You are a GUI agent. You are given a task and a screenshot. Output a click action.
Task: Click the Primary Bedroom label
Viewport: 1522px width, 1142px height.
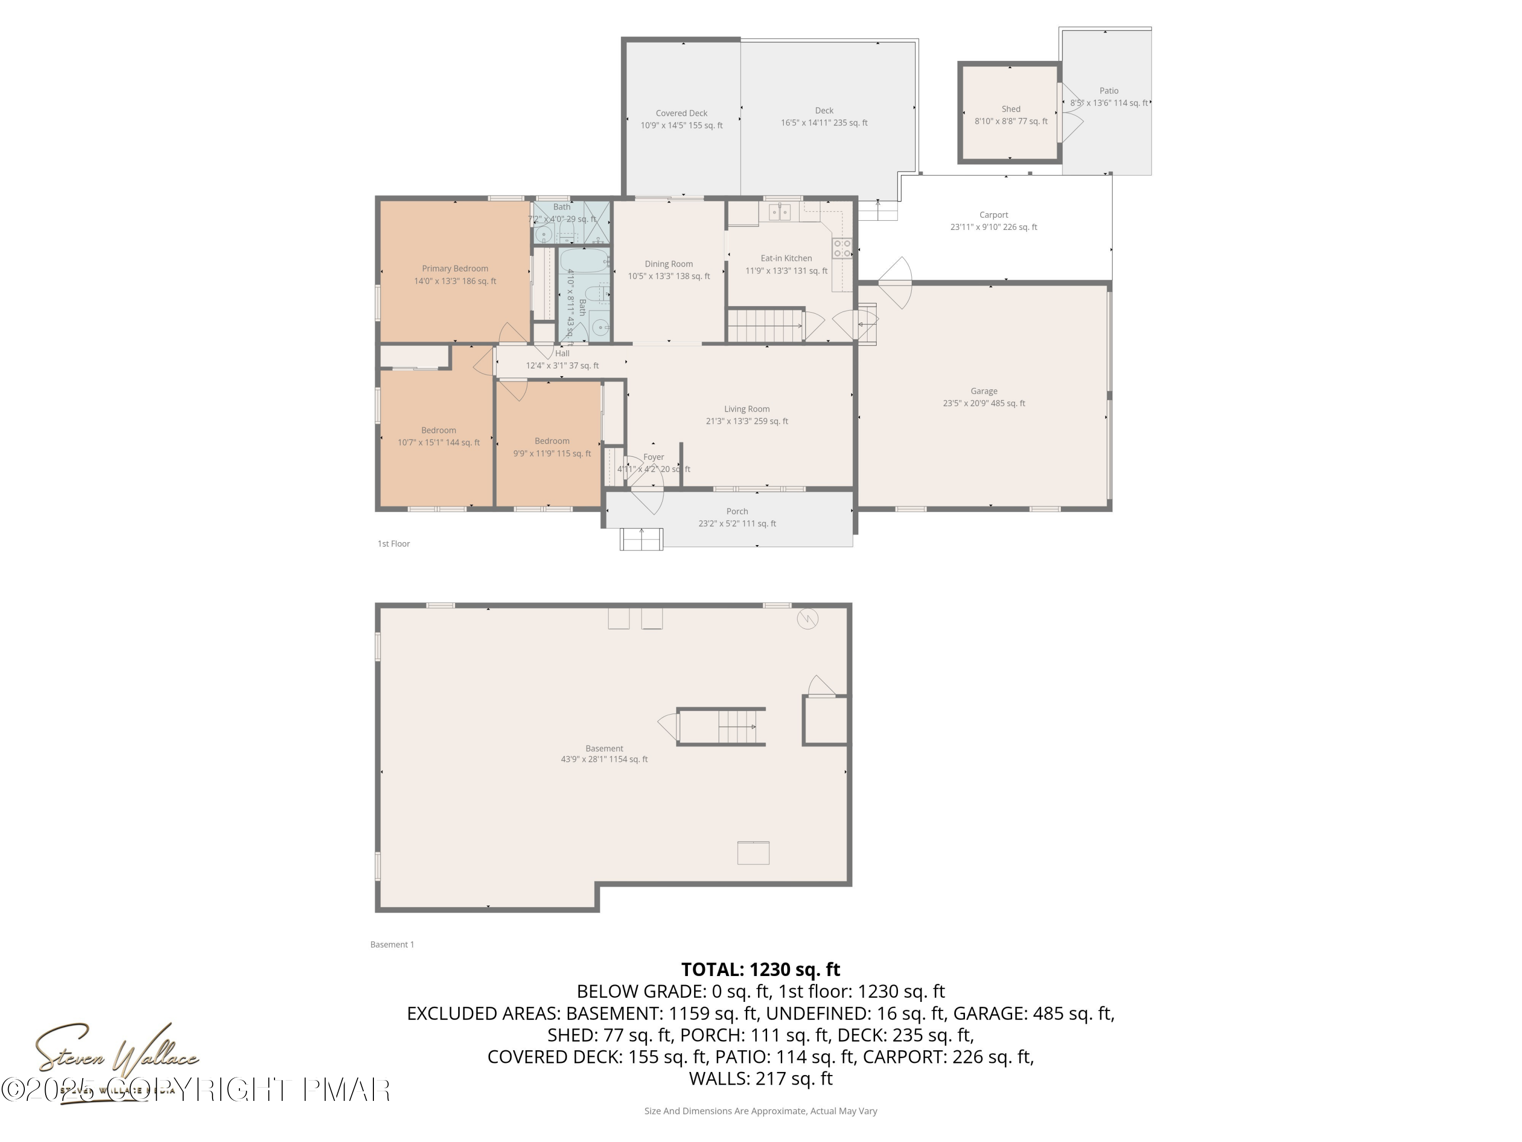click(455, 268)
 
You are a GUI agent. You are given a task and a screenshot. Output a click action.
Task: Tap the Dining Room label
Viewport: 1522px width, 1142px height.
click(668, 263)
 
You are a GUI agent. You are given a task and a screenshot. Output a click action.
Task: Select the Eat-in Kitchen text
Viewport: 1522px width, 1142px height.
click(786, 258)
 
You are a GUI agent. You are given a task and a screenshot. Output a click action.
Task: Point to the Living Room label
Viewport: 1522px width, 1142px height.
click(747, 409)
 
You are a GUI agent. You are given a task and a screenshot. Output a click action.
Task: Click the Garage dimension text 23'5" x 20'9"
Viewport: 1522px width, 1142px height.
click(983, 404)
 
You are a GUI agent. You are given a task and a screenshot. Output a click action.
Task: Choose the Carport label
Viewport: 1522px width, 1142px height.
click(993, 215)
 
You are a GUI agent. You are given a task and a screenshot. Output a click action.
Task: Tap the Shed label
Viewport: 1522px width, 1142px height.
click(1011, 109)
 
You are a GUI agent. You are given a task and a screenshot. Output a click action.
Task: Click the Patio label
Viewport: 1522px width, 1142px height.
click(1109, 91)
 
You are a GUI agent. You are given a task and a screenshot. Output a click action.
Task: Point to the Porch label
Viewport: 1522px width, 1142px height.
click(737, 512)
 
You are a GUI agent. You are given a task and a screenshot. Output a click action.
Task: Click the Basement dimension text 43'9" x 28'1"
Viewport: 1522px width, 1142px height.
click(604, 759)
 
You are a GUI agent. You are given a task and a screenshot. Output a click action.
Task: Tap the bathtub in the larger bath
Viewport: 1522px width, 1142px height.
click(583, 261)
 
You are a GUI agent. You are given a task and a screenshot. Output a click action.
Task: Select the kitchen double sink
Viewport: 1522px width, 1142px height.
click(780, 212)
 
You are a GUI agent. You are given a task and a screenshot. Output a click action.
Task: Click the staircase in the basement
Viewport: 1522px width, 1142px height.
click(736, 727)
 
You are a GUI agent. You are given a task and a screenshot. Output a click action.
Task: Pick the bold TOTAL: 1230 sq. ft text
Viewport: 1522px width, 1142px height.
click(760, 969)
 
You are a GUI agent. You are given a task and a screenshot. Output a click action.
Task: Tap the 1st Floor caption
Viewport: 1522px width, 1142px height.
click(394, 544)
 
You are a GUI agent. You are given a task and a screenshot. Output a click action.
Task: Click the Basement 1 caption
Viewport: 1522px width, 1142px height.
click(392, 945)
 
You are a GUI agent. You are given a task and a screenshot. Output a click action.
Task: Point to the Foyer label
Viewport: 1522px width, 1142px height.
click(653, 457)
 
